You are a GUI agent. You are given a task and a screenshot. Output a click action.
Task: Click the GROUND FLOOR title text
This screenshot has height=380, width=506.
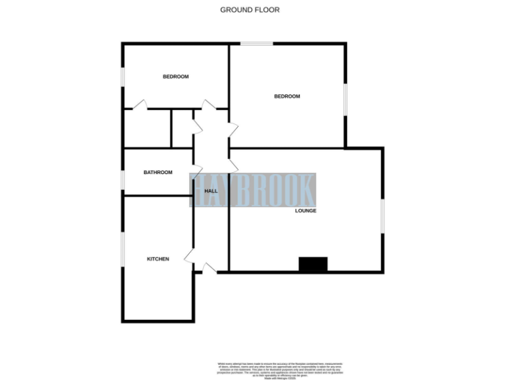[250, 10]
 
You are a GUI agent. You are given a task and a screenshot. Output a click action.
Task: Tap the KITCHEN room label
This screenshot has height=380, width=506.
[157, 259]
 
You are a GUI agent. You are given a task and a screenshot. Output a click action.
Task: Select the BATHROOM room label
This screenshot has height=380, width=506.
[158, 173]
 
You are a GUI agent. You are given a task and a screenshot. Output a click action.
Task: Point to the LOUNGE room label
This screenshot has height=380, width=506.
[306, 211]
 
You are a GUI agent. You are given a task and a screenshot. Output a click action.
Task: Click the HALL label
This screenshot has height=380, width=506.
[211, 191]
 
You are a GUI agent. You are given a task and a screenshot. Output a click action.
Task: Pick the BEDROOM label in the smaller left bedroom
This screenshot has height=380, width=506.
[175, 77]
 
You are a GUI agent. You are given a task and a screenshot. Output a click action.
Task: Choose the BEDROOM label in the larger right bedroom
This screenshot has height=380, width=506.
[287, 96]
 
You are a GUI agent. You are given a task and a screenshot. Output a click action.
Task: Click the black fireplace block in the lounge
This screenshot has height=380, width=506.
[313, 264]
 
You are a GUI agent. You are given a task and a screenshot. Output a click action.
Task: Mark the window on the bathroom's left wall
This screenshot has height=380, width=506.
[123, 179]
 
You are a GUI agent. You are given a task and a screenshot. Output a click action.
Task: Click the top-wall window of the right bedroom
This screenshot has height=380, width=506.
[256, 44]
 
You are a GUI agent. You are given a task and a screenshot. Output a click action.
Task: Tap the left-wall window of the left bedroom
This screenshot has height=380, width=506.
[123, 77]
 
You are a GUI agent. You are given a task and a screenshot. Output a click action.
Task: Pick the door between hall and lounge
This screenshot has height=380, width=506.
[233, 164]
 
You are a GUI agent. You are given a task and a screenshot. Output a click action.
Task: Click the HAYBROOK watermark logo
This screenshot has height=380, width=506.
[254, 190]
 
